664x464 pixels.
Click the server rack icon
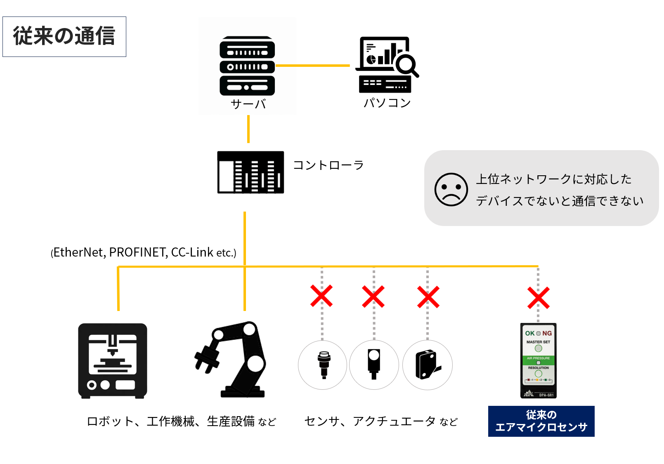pos(247,66)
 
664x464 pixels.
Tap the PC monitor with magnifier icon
pos(386,64)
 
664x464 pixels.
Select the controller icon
pos(250,172)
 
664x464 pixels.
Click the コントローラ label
pos(328,165)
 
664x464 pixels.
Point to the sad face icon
pos(451,189)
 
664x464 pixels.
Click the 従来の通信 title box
pos(64,36)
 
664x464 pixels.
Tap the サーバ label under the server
pos(248,104)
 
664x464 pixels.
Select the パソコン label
pos(387,103)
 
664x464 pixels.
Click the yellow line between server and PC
pos(312,66)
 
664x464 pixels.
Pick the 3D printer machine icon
pos(113,361)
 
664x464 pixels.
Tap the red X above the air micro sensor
pos(539,298)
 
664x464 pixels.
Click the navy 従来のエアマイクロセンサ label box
pos(541,421)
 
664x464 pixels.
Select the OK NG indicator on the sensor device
pos(538,333)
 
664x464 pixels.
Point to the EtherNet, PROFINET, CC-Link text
pos(143,252)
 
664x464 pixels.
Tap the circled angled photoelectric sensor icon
pos(428,365)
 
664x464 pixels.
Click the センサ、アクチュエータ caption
pos(380,421)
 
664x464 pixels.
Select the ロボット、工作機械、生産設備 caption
pos(181,421)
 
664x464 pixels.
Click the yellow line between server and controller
pos(248,129)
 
